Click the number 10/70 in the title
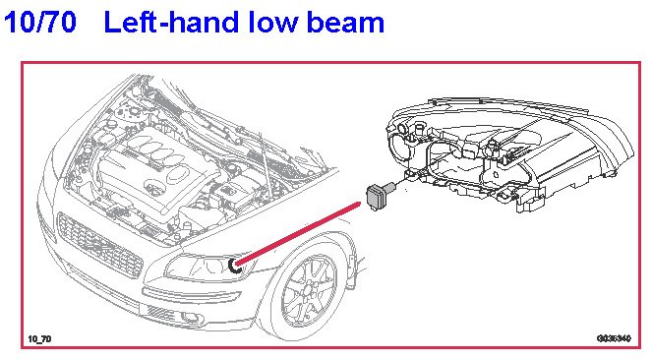coord(40,22)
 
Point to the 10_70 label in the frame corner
coord(39,339)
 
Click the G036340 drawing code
coord(614,338)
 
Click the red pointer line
coord(298,233)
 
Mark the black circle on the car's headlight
coord(234,266)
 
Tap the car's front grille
coord(99,245)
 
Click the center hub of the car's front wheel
coord(309,290)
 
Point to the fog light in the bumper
coord(190,318)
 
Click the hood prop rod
coord(267,166)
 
